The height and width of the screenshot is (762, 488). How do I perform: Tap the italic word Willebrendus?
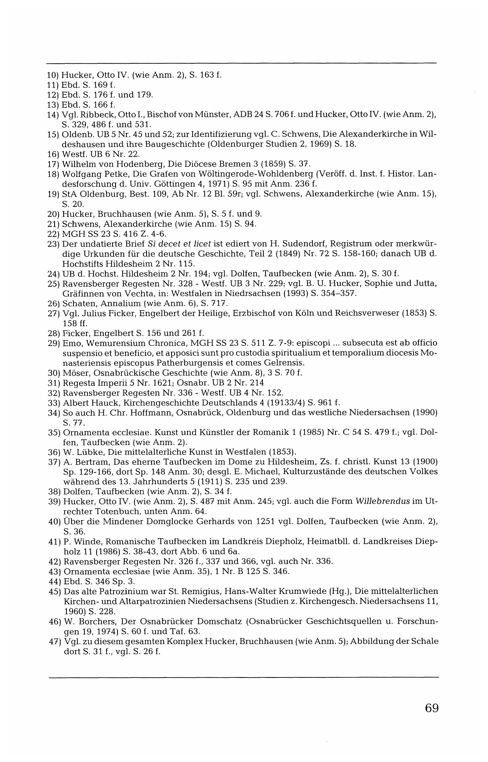[x=383, y=501]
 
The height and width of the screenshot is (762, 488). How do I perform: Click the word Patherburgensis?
[x=144, y=362]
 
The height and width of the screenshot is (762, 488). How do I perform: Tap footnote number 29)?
[x=54, y=343]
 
